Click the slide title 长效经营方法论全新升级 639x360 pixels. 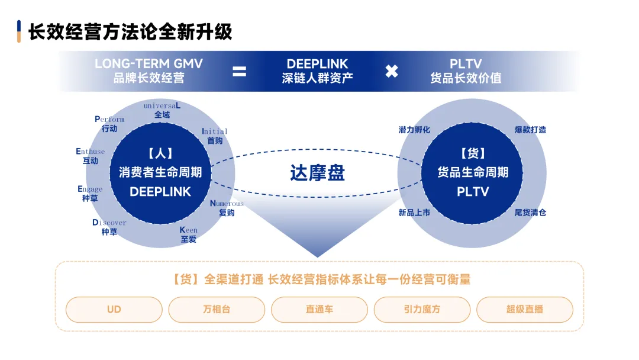click(x=131, y=31)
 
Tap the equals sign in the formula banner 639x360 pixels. click(x=239, y=71)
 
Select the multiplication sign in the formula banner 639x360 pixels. click(x=392, y=71)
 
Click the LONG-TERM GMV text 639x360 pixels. click(x=149, y=63)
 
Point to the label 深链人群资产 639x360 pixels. click(x=317, y=78)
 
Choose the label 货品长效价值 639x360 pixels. click(x=466, y=78)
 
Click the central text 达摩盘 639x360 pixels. click(x=317, y=172)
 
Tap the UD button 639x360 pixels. click(x=114, y=309)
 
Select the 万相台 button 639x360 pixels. click(x=217, y=309)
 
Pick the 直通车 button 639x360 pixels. click(x=319, y=309)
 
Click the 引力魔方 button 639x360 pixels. click(x=422, y=309)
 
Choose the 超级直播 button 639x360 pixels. click(x=524, y=309)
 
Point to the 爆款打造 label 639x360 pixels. click(x=530, y=130)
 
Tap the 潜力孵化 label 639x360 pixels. click(x=414, y=130)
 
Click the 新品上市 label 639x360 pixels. click(x=414, y=213)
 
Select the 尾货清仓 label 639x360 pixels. click(x=530, y=213)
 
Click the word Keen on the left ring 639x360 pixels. click(x=189, y=230)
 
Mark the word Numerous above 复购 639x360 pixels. click(x=227, y=204)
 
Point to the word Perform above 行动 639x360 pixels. click(x=109, y=119)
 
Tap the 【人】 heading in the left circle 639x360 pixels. click(x=160, y=154)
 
